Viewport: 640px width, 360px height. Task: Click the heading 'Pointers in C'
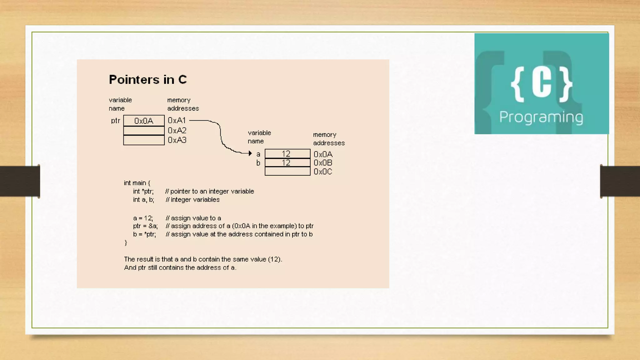pyautogui.click(x=148, y=80)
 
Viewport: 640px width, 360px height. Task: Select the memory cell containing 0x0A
pyautogui.click(x=144, y=121)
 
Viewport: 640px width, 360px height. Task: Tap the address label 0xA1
pyautogui.click(x=177, y=120)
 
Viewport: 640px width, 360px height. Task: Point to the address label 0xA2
pyautogui.click(x=177, y=130)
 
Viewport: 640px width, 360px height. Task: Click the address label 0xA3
pyautogui.click(x=177, y=140)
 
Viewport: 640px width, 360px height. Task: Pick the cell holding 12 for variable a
pyautogui.click(x=287, y=154)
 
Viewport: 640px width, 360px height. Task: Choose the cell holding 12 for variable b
pyautogui.click(x=287, y=162)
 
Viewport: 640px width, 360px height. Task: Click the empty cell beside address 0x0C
pyautogui.click(x=287, y=171)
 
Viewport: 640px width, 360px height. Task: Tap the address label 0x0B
pyautogui.click(x=323, y=163)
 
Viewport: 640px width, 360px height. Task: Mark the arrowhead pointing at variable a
pyautogui.click(x=250, y=153)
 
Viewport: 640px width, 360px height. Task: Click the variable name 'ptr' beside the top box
pyautogui.click(x=115, y=121)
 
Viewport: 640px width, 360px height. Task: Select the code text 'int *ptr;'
pyautogui.click(x=143, y=191)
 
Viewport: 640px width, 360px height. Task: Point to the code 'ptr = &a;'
pyautogui.click(x=145, y=226)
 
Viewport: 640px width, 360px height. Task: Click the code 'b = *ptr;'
pyautogui.click(x=144, y=234)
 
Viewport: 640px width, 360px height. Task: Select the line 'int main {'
pyautogui.click(x=137, y=183)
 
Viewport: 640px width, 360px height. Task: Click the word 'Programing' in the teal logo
pyautogui.click(x=541, y=117)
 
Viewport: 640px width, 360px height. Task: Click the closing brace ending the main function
pyautogui.click(x=126, y=242)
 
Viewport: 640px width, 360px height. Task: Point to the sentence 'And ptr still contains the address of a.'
pyautogui.click(x=180, y=267)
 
